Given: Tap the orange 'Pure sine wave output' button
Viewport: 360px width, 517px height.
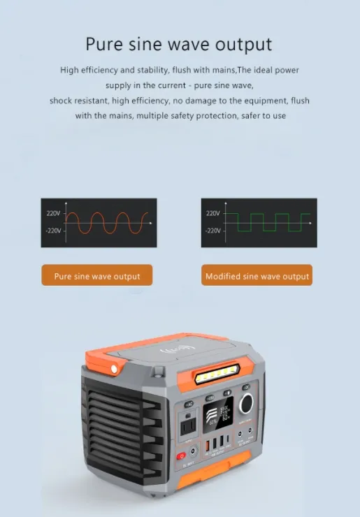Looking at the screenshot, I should pos(97,276).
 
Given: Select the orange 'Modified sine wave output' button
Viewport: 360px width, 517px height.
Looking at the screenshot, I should pos(257,276).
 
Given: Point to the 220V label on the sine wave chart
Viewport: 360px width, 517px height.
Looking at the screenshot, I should pos(54,213).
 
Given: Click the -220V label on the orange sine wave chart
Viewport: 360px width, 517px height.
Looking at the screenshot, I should pos(54,231).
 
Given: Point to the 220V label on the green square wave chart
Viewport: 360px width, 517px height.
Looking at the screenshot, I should pos(213,213).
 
